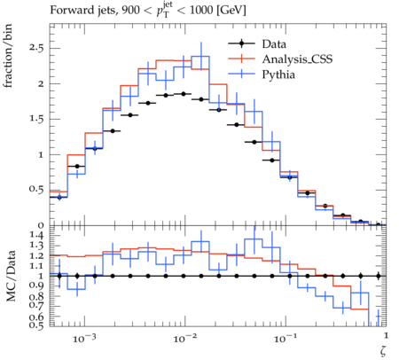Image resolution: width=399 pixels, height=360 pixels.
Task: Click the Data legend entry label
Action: point(274,44)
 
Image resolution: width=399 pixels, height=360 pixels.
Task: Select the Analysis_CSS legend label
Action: point(297,59)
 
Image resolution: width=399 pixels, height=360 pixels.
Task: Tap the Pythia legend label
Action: point(278,74)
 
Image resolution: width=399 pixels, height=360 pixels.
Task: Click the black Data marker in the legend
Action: point(241,43)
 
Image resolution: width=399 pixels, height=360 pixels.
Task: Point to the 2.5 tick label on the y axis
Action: point(36,48)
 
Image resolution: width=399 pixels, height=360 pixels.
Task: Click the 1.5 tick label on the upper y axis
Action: point(36,119)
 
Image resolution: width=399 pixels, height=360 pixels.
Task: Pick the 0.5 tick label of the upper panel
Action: point(36,190)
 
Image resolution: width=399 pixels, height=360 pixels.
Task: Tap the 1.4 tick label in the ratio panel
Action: point(36,236)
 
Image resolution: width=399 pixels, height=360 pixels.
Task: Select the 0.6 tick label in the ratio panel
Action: point(36,317)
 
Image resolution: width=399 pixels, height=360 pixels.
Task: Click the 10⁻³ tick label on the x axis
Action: point(84,338)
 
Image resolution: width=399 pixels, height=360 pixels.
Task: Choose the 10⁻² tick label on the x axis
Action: point(184,338)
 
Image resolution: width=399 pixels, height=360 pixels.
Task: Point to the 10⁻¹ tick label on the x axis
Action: point(286,338)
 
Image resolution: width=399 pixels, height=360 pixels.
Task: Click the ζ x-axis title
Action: point(383,351)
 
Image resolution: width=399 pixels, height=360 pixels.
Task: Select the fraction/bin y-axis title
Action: point(8,56)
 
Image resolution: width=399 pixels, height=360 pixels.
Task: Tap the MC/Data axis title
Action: point(11,276)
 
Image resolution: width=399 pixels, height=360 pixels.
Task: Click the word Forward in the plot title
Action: point(69,11)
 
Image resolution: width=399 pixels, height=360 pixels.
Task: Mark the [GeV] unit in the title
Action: point(231,11)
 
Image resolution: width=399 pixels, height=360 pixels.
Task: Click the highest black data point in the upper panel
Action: point(184,94)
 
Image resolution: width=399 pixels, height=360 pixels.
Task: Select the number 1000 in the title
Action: point(201,11)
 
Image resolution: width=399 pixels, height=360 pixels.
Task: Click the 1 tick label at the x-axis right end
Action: point(386,336)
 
